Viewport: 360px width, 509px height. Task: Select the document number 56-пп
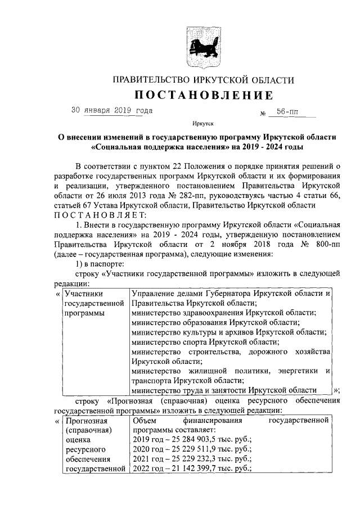coord(286,112)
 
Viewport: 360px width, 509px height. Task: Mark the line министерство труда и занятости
coord(223,390)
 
